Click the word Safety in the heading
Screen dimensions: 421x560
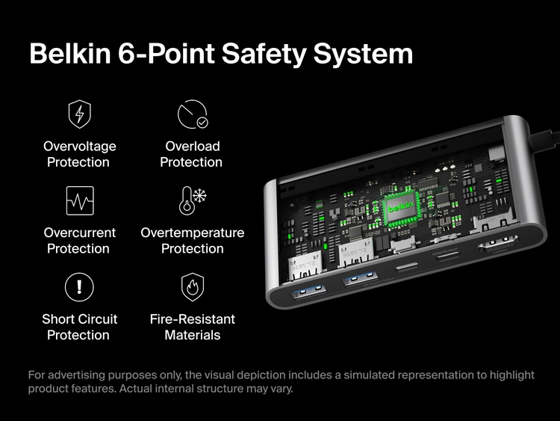click(255, 54)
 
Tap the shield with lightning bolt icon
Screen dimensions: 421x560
click(79, 114)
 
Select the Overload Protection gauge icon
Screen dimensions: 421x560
click(192, 114)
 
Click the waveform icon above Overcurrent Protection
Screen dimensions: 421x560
click(79, 200)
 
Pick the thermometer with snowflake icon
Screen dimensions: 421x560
click(192, 200)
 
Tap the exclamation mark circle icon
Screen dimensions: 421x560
click(79, 286)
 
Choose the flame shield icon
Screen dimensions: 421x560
click(192, 286)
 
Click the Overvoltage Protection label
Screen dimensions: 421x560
click(79, 154)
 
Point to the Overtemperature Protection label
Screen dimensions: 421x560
click(192, 240)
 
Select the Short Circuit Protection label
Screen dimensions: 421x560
click(79, 327)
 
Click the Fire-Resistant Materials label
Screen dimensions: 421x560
click(192, 327)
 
